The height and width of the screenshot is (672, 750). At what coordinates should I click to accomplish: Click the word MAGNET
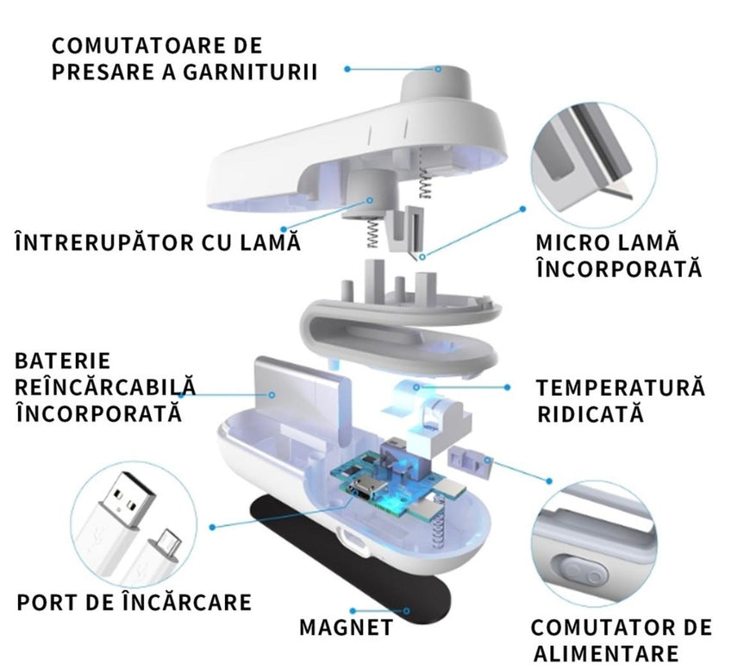pos(347,627)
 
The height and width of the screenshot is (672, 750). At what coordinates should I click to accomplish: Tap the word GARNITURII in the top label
pos(251,72)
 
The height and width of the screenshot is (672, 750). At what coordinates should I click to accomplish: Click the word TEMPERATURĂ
pos(621,386)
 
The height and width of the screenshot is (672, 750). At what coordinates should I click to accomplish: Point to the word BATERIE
pos(63,361)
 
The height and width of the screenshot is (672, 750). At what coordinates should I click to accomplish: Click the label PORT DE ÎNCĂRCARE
pos(134,601)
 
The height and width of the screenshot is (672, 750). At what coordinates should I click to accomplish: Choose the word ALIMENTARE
pos(606,653)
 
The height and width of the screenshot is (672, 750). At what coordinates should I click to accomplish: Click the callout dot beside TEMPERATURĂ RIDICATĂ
pos(507,386)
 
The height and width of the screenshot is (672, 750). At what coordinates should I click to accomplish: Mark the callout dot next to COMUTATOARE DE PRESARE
pos(347,69)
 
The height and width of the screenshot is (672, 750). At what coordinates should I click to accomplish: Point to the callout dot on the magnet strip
pos(406,611)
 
